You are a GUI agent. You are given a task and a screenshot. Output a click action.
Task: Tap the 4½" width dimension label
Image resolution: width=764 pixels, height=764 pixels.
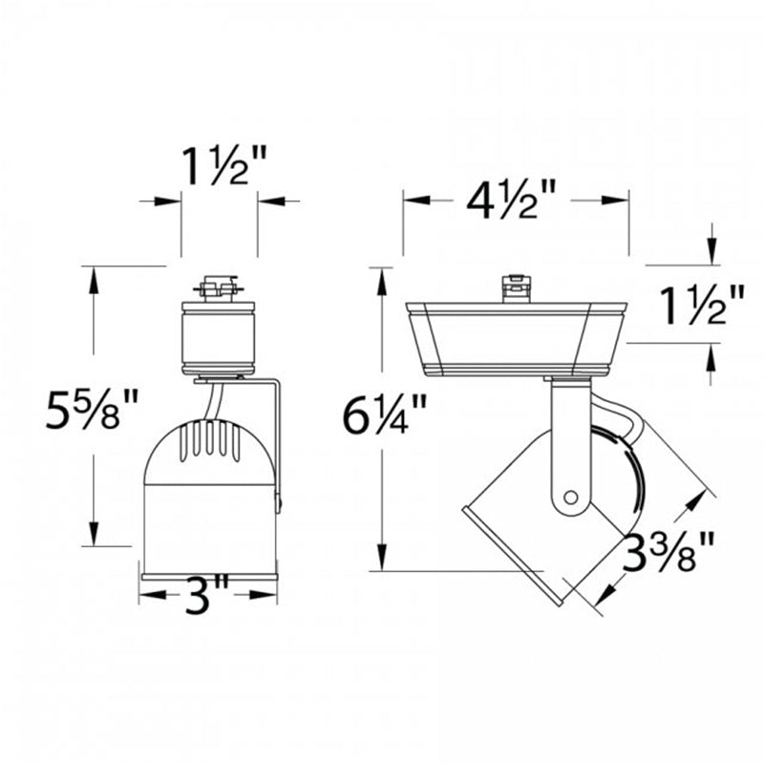click(x=511, y=199)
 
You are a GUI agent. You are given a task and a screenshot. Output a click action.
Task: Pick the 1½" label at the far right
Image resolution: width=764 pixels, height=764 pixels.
click(x=702, y=305)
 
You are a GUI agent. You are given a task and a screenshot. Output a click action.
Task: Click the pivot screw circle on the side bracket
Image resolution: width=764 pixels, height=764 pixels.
click(x=570, y=498)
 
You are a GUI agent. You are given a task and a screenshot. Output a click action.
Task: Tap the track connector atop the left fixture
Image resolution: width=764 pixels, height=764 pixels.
click(x=219, y=288)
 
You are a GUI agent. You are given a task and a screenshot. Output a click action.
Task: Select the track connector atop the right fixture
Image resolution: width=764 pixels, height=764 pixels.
click(x=516, y=288)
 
